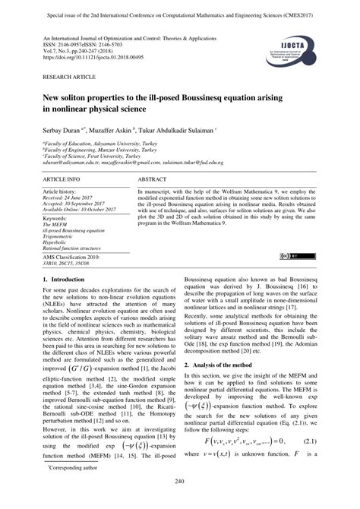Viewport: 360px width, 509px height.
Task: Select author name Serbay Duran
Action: (62, 129)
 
